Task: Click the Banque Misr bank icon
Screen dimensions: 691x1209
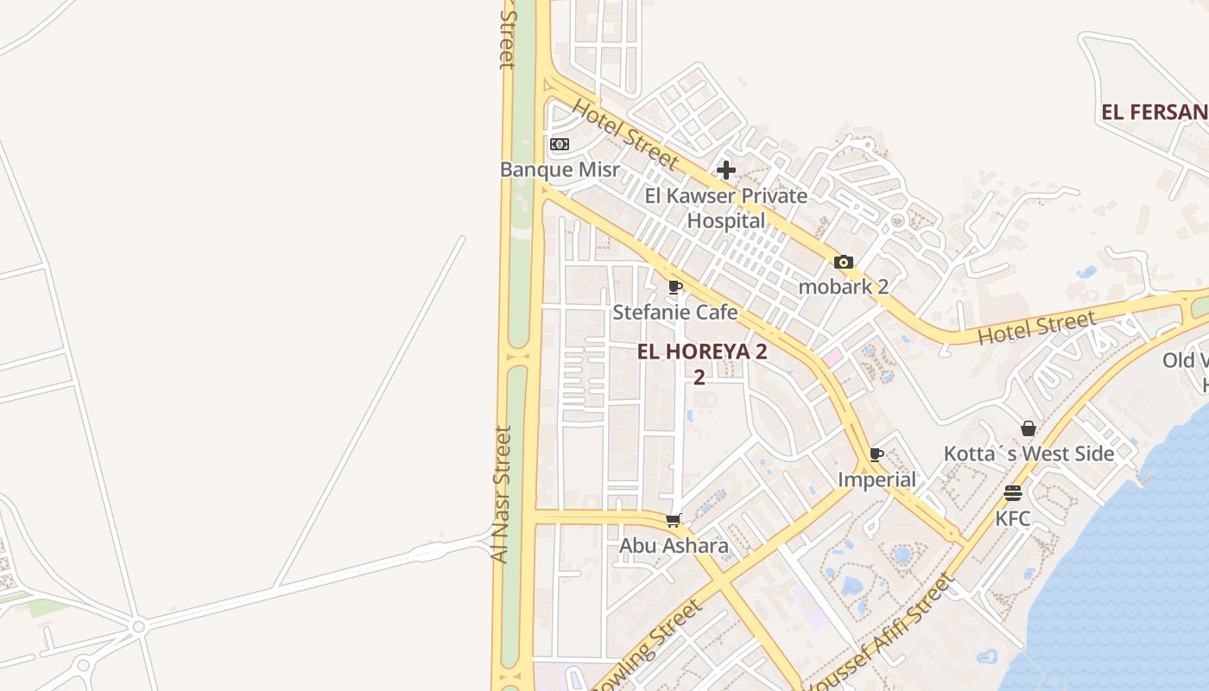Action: click(560, 144)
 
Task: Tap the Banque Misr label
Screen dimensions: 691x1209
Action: click(560, 169)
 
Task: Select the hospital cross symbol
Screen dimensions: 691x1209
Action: click(726, 170)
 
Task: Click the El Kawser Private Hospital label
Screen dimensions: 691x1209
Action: click(726, 208)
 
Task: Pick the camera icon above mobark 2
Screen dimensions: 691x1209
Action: click(844, 263)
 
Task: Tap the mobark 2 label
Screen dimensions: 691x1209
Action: click(844, 287)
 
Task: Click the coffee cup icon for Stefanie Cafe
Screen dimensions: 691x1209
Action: click(675, 287)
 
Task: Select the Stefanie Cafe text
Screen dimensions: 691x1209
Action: click(675, 312)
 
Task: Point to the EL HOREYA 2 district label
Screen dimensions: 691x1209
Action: click(701, 352)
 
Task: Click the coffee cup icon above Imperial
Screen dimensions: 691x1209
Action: click(877, 454)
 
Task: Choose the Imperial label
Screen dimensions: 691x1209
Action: click(877, 479)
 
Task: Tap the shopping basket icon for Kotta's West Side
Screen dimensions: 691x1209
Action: click(1029, 428)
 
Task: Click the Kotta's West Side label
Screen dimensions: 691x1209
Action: click(1029, 453)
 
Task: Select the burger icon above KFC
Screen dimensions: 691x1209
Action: click(1013, 493)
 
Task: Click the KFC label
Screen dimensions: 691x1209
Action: click(1013, 518)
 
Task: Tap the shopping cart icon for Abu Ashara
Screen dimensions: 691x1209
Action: click(674, 520)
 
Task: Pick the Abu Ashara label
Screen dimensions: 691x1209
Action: click(674, 546)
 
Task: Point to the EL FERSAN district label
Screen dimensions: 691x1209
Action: click(1154, 112)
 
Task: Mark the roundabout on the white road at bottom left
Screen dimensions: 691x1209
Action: click(138, 626)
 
